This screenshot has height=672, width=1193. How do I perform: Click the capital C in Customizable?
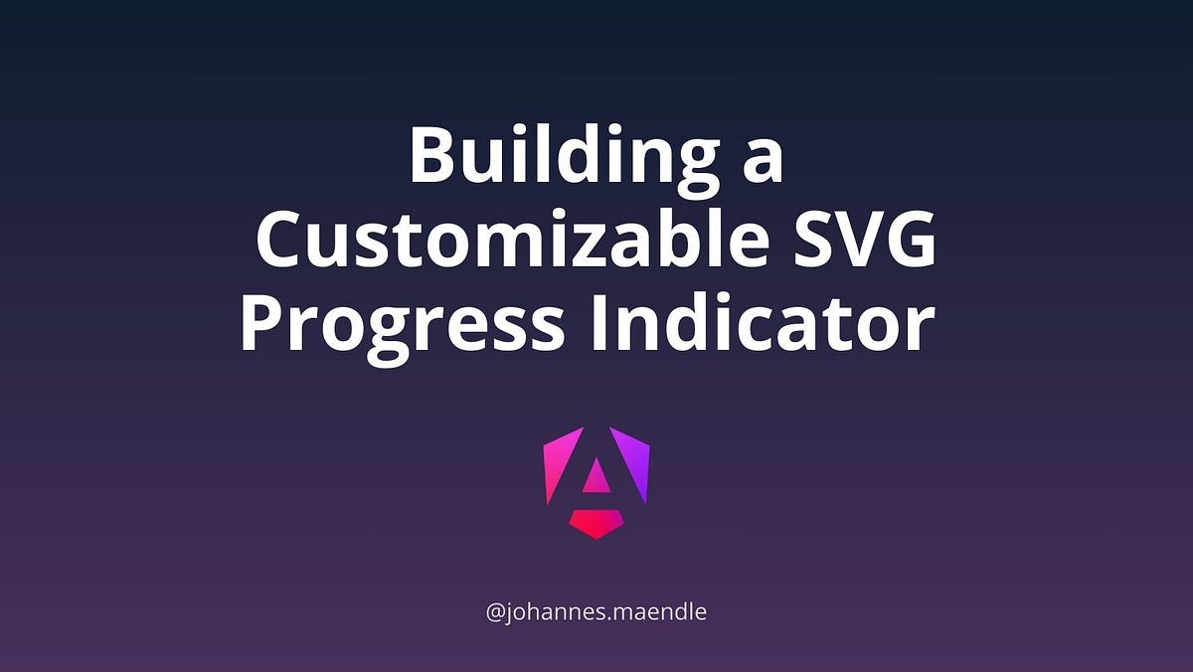pos(283,242)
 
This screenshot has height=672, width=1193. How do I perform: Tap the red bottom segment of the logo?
pos(596,523)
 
